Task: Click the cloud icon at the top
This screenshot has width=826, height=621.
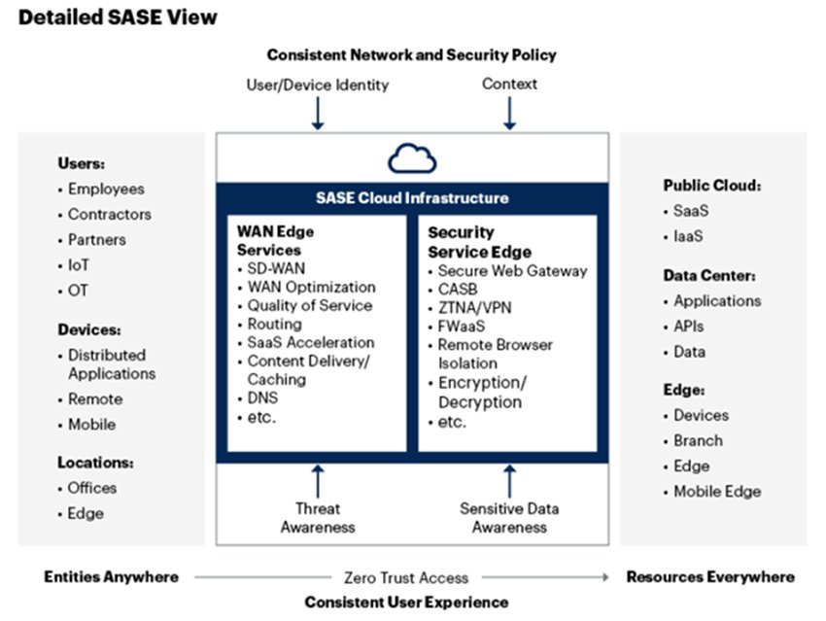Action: [x=412, y=158]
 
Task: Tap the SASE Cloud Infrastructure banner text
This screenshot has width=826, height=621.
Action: [x=412, y=197]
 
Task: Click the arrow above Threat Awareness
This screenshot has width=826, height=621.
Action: [x=317, y=480]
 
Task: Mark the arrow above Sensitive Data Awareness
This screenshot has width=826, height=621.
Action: [x=509, y=480]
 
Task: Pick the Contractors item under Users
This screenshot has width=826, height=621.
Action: [x=109, y=214]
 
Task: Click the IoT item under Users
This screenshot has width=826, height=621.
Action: [x=80, y=264]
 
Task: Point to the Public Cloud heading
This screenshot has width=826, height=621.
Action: [x=712, y=185]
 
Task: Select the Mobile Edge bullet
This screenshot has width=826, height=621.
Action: [x=717, y=491]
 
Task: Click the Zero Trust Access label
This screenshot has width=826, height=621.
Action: [x=406, y=577]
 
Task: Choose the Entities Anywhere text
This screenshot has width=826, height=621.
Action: [x=112, y=576]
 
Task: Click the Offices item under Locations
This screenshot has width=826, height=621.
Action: [x=91, y=488]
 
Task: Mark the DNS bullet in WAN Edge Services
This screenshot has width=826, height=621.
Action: [x=263, y=398]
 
